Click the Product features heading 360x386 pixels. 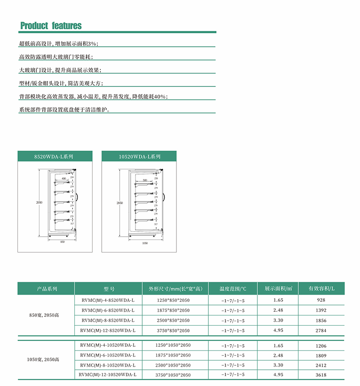click(51, 26)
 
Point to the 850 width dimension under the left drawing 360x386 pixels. click(63, 242)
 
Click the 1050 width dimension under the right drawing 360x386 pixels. click(145, 243)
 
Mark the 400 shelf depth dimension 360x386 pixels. click(64, 179)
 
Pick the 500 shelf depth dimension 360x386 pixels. click(144, 180)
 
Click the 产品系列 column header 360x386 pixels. click(46, 289)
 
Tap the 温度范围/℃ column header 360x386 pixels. click(233, 289)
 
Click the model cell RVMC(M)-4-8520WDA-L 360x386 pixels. click(108, 300)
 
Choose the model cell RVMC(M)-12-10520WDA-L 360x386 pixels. click(108, 374)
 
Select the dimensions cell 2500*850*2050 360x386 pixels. click(173, 320)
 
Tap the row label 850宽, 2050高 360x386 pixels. click(46, 315)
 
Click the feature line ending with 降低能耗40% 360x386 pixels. click(93, 97)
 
